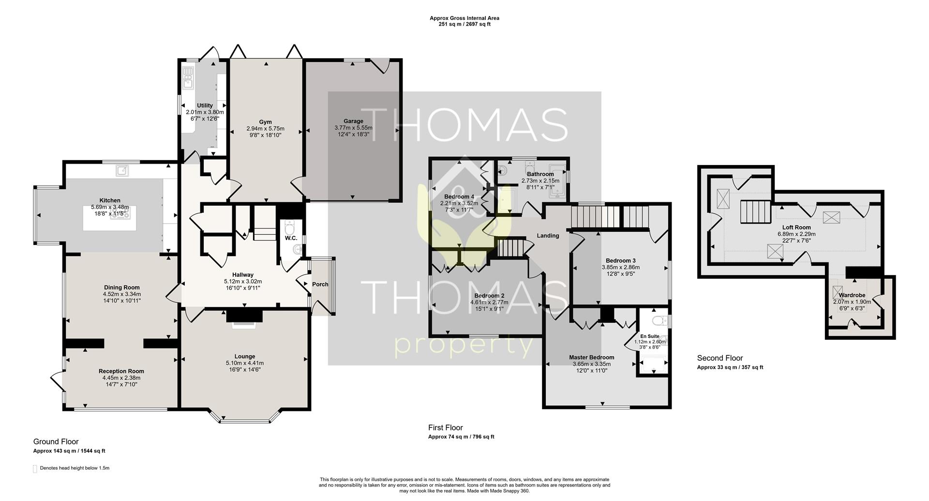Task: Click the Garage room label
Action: pos(353,121)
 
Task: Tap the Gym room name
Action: pos(265,122)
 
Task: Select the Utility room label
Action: pos(205,106)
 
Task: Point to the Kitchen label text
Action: pos(110,200)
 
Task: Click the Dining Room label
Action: pos(121,288)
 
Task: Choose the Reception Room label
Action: pos(121,371)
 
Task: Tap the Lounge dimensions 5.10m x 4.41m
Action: pos(245,363)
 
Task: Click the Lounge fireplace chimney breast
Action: pos(244,316)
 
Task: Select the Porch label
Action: pos(320,284)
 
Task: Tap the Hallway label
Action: pos(242,275)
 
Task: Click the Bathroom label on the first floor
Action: pos(540,174)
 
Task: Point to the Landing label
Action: pos(548,236)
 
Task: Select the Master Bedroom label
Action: pos(592,358)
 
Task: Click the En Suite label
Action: pos(650,336)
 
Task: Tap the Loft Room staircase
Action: pos(754,212)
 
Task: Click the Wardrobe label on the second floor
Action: pos(852,295)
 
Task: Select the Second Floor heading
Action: pos(720,358)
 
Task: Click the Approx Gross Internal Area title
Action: pos(464,18)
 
